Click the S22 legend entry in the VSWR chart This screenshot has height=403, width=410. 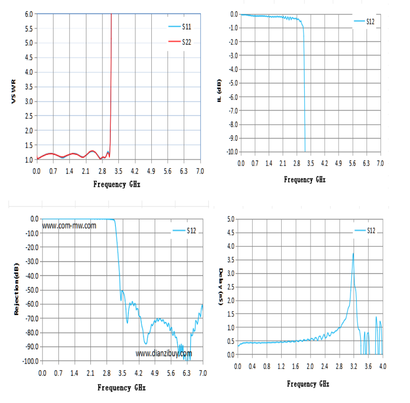180,42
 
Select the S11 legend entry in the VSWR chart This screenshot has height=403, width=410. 180,26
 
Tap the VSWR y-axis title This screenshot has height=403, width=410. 13,91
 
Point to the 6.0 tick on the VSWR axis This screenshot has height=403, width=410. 29,14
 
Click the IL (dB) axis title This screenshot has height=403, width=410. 219,90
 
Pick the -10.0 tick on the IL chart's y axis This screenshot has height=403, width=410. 232,152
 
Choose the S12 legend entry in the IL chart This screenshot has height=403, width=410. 364,21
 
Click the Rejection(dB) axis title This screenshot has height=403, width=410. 16,289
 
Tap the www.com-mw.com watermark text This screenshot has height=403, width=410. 69,225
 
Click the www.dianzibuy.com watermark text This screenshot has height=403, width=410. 164,354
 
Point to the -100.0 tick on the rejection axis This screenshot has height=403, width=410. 31,361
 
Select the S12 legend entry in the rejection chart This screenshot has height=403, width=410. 184,230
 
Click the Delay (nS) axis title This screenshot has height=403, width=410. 221,286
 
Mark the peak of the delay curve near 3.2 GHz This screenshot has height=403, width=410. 353,253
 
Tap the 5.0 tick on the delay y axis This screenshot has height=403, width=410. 231,219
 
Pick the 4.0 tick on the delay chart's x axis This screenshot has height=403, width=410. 383,367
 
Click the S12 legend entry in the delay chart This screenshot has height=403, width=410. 365,230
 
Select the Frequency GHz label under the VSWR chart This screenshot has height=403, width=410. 117,185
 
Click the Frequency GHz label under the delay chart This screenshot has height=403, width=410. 308,384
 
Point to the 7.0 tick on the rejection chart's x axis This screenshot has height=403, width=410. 203,373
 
